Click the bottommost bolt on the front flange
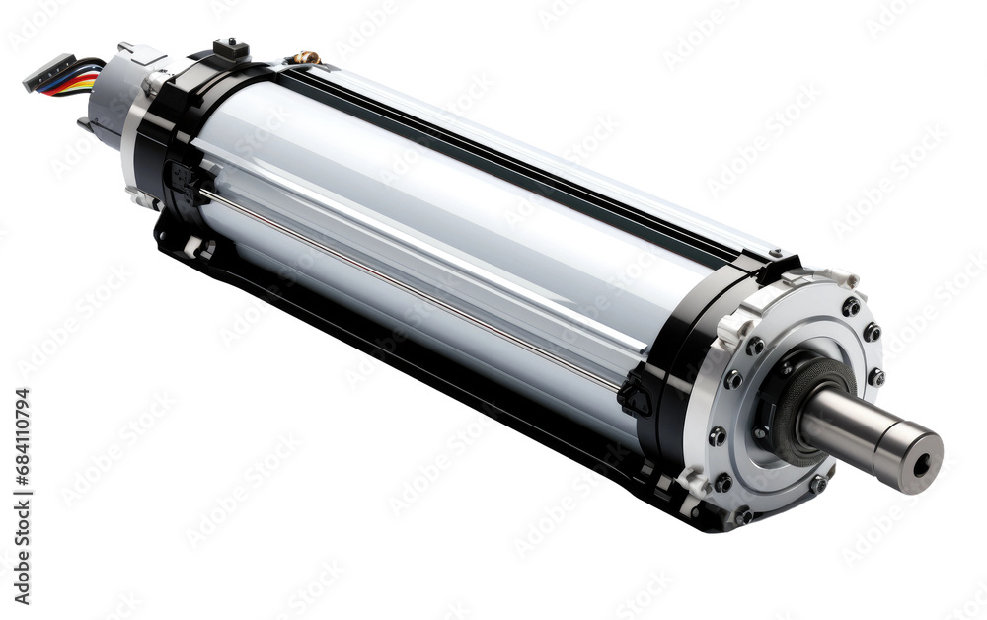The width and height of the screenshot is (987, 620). [743, 514]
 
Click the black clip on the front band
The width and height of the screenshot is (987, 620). [634, 395]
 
